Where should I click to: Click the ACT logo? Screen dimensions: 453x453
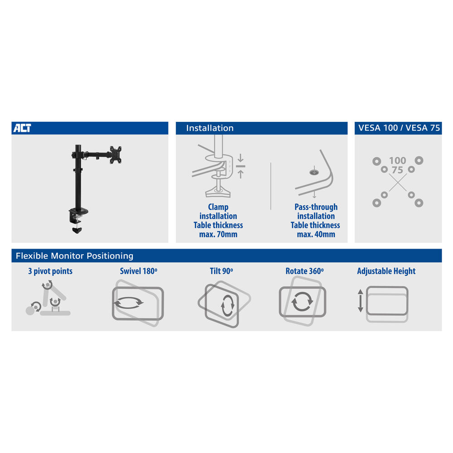[22, 128]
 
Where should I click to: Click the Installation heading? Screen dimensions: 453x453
[210, 128]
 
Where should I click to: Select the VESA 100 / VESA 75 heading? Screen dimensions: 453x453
[399, 128]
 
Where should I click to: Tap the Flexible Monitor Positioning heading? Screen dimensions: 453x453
[75, 255]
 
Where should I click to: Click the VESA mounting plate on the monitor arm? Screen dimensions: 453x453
[116, 155]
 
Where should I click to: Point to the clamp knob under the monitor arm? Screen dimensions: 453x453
[77, 230]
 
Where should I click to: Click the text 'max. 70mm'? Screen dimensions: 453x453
[218, 234]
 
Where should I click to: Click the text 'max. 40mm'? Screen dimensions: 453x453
[316, 234]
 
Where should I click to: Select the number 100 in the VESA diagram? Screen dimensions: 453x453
[398, 160]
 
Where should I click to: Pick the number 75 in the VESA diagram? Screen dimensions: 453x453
[397, 170]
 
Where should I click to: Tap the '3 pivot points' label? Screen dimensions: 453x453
[50, 271]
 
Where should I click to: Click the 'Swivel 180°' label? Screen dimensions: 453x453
[139, 271]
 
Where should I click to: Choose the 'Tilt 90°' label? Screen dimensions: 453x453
[222, 271]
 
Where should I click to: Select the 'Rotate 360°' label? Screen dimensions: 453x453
[304, 271]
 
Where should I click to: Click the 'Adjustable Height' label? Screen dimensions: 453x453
[386, 271]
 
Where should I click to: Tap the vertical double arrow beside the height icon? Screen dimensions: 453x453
[361, 300]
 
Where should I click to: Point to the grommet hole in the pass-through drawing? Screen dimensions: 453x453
[314, 173]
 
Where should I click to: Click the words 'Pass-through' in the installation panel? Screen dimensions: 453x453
[316, 207]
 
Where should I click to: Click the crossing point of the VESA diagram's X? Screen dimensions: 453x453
[398, 182]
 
